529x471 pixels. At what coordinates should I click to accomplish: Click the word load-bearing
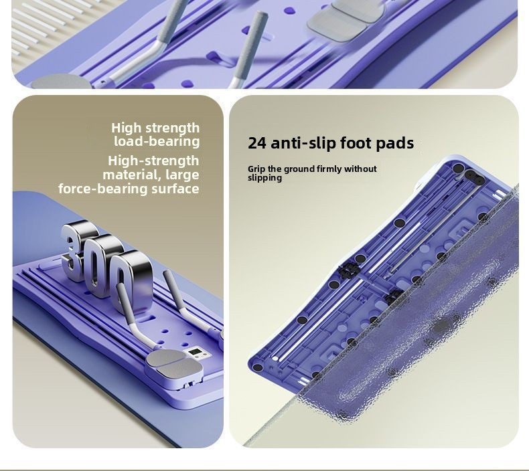pos(157,141)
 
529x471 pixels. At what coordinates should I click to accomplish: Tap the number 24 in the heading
pos(257,143)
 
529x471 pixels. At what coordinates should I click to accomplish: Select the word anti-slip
pos(303,143)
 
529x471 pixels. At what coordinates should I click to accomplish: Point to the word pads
pos(394,143)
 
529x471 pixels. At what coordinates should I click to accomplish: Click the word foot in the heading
pos(355,143)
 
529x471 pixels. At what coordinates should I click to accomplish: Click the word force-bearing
pos(102,189)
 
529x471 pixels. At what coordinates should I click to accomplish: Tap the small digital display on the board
pos(195,353)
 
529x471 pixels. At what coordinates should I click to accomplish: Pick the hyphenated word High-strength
pos(153,161)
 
